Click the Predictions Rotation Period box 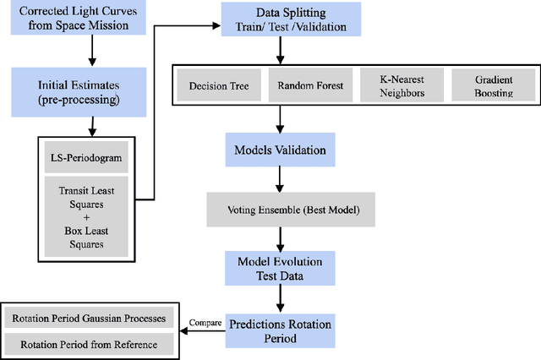[x=279, y=330]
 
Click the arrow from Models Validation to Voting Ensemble [x=279, y=178]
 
